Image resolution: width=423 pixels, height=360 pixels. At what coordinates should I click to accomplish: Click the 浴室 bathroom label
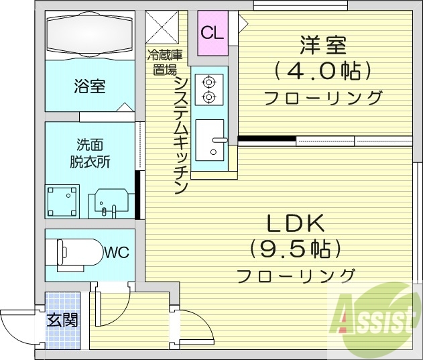(89, 86)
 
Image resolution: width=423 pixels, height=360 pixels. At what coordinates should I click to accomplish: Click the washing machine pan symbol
(62, 200)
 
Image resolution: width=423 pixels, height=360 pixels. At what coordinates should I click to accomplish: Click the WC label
(115, 253)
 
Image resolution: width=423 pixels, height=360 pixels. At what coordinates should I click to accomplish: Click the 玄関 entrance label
(62, 320)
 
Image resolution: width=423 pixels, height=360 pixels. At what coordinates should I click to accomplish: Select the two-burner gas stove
(208, 90)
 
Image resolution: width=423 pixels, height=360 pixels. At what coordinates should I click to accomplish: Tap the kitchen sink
(212, 141)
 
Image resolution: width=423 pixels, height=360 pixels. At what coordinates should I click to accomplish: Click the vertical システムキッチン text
(180, 134)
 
